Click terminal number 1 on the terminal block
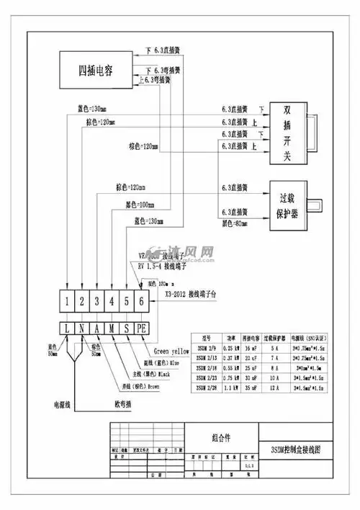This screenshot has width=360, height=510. (67, 301)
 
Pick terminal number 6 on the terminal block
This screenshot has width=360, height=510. (142, 301)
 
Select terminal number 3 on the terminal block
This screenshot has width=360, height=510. (96, 301)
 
